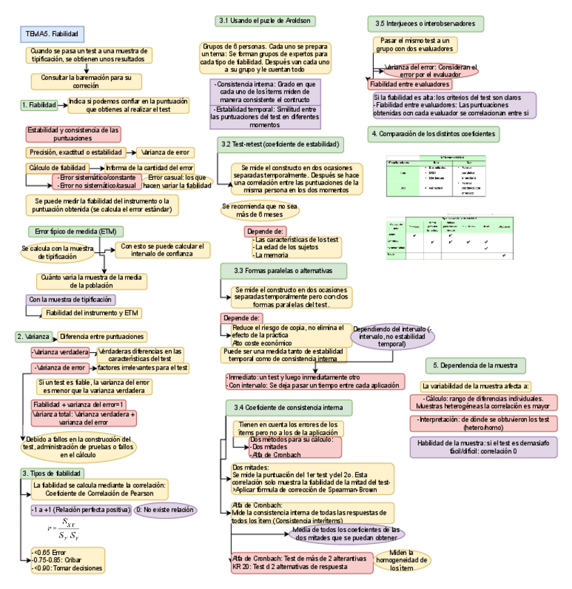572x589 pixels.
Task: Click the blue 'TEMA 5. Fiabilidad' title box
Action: click(x=52, y=33)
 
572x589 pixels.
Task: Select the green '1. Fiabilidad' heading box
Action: click(x=39, y=104)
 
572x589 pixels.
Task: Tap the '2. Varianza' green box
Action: click(x=33, y=336)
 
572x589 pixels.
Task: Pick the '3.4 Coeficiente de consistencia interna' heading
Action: click(x=284, y=406)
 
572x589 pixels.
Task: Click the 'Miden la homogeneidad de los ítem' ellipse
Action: click(x=404, y=559)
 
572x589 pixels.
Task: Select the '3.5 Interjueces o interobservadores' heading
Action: click(x=425, y=24)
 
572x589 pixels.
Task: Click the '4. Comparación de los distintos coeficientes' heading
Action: click(x=434, y=133)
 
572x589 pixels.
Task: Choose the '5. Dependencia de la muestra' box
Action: click(x=475, y=365)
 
